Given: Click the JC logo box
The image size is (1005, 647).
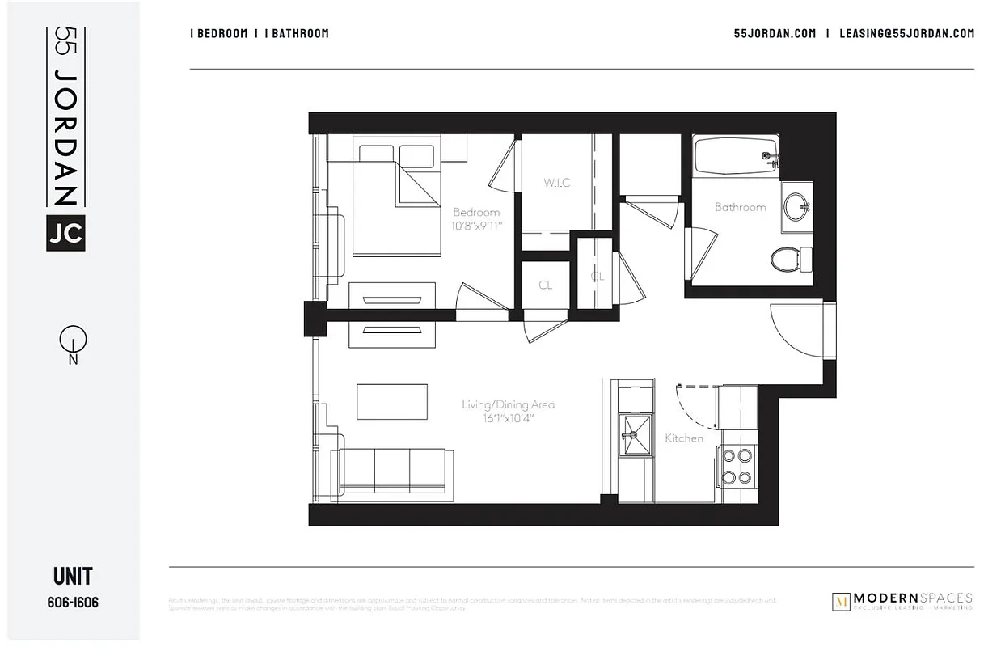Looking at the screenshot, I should point(65,232).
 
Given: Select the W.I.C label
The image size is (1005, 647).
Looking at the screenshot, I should point(556,183).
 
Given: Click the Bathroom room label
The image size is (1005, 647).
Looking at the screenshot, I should point(740,207).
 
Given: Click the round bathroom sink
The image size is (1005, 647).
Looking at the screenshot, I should point(798,204).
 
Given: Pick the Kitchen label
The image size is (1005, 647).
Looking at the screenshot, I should point(683,438).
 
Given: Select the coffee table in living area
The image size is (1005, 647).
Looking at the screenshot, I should point(392,402).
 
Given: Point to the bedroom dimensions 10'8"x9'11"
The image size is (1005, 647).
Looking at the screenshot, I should point(476,226).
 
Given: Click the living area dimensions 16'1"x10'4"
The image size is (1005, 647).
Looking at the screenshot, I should point(508,418).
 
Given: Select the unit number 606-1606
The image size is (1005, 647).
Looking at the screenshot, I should point(73,603).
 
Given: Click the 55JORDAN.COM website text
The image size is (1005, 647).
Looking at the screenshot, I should point(774,33).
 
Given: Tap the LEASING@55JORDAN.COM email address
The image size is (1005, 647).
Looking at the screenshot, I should point(906,33).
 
